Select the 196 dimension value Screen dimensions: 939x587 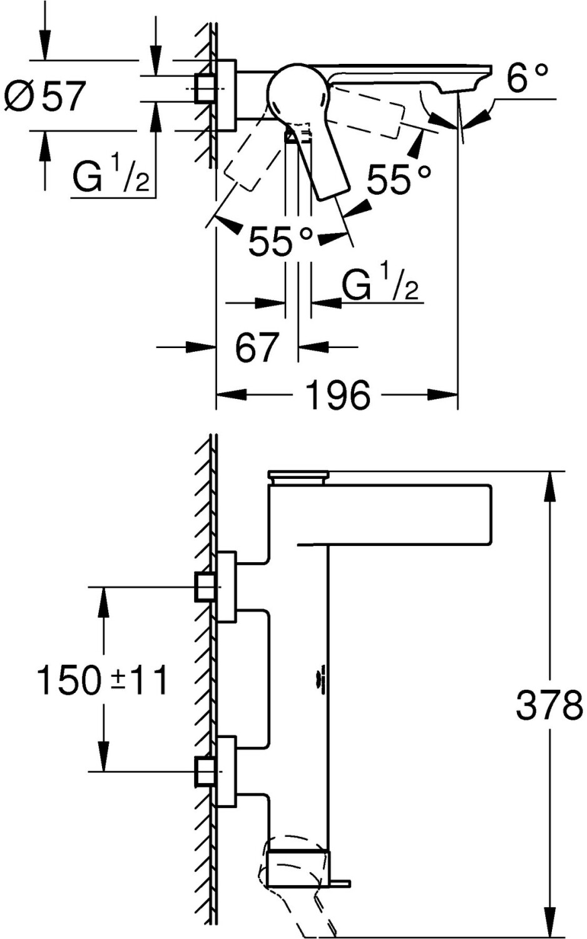(338, 394)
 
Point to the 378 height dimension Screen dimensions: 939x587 (549, 706)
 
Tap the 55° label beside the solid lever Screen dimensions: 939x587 (399, 180)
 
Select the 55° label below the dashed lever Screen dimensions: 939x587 (280, 241)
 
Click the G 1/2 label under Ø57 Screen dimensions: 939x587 (110, 178)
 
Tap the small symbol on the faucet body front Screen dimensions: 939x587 (322, 680)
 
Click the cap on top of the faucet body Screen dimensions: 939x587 (298, 477)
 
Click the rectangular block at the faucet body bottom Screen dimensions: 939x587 (297, 868)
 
